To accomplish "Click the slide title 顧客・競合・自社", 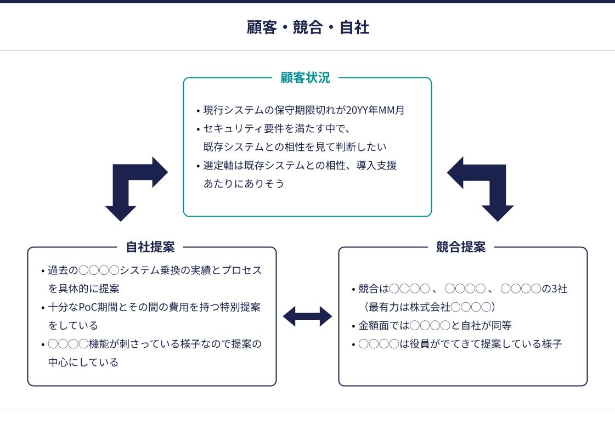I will click(307, 27).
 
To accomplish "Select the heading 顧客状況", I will click(305, 78).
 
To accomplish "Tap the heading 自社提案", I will click(150, 247).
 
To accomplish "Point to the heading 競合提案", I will click(461, 247).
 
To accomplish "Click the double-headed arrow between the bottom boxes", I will click(307, 317).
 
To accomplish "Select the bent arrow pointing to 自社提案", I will click(132, 184).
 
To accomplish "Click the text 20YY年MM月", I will click(375, 110).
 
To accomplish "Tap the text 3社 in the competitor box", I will click(559, 289).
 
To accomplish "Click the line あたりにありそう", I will click(244, 184).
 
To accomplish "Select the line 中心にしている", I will click(83, 363).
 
